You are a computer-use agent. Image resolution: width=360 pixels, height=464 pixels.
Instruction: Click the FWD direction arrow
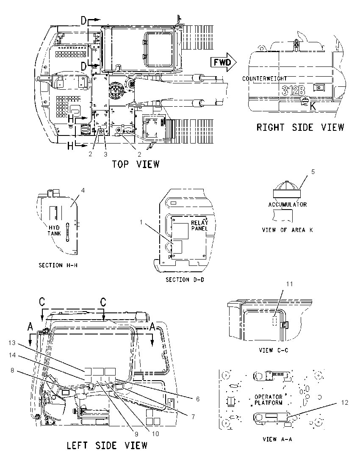(x=224, y=62)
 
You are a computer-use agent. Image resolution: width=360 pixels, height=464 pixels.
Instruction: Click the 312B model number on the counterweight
(x=294, y=90)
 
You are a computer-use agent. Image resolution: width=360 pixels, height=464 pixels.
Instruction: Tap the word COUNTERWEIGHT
(x=264, y=79)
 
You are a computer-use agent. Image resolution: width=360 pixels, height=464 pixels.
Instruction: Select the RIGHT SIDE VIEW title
(x=300, y=127)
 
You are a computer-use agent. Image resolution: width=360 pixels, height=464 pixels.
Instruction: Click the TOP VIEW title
(x=136, y=164)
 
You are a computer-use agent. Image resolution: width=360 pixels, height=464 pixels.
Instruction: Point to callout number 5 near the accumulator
(x=313, y=172)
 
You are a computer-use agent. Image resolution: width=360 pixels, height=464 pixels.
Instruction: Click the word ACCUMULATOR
(x=288, y=204)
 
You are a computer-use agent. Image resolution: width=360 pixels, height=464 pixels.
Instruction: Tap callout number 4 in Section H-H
(x=83, y=190)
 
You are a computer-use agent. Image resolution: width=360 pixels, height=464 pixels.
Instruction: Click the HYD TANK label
(x=55, y=231)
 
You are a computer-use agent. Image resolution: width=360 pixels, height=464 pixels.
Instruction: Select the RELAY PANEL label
(x=199, y=226)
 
